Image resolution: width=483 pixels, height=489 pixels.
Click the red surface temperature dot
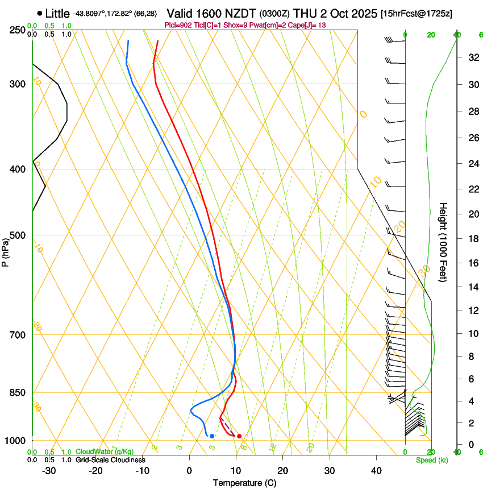pyautogui.click(x=239, y=436)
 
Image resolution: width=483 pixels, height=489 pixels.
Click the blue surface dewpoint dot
pyautogui.click(x=212, y=436)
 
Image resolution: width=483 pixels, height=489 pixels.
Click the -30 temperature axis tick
pyautogui.click(x=49, y=471)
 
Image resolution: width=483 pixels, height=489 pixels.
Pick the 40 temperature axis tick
pyautogui.click(x=376, y=471)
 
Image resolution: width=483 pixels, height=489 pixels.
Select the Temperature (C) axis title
pyautogui.click(x=244, y=483)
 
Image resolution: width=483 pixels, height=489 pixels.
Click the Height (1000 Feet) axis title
pyautogui.click(x=444, y=242)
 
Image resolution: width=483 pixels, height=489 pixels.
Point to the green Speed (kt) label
pyautogui.click(x=431, y=460)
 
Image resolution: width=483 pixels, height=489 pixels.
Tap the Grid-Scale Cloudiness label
pyautogui.click(x=110, y=460)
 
